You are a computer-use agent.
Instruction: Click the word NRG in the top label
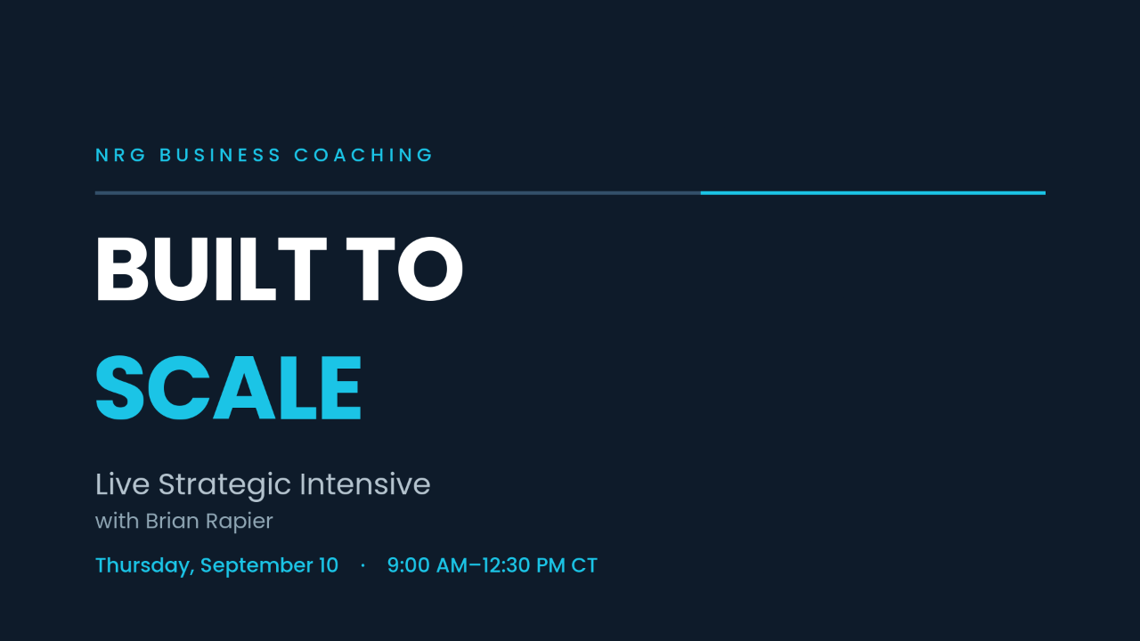(x=120, y=155)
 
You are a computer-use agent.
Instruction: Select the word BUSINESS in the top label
(x=220, y=155)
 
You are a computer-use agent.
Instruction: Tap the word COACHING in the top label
(x=362, y=155)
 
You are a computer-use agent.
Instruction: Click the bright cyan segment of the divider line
(x=873, y=193)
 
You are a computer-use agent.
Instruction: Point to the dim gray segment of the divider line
(x=397, y=193)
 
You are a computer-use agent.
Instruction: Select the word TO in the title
(x=404, y=269)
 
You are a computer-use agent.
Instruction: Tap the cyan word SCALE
(x=229, y=388)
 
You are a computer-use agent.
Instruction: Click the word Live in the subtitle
(x=122, y=483)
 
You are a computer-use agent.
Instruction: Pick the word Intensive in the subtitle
(x=365, y=483)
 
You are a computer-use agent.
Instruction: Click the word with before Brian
(x=117, y=521)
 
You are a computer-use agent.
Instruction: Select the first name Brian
(x=173, y=521)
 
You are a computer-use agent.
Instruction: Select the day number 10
(x=329, y=565)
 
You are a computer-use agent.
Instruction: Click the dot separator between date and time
(x=362, y=565)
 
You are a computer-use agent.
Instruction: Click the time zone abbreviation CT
(x=584, y=565)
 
